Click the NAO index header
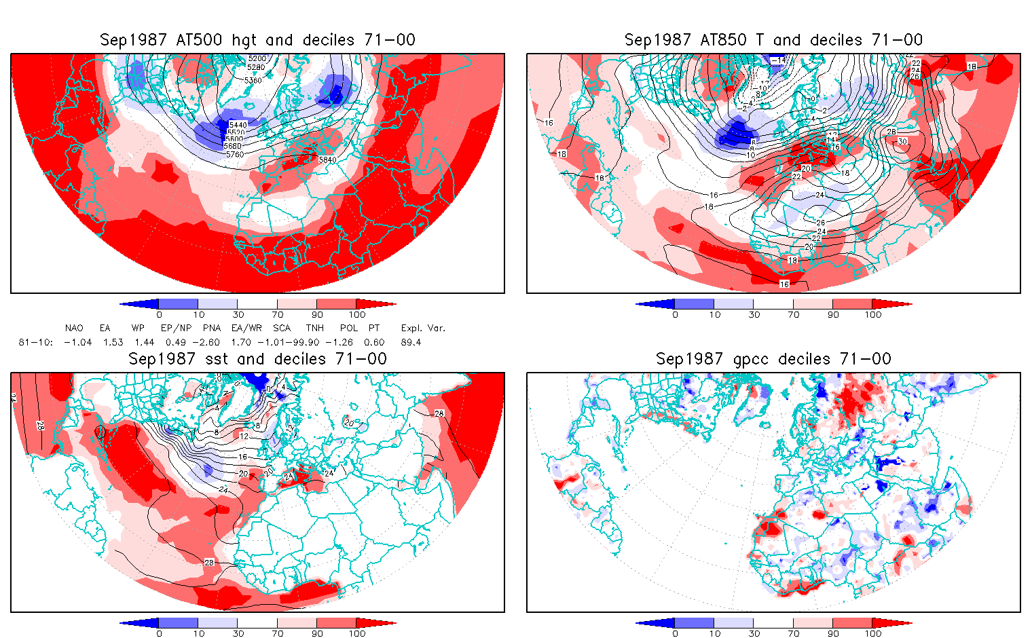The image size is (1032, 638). coord(74,328)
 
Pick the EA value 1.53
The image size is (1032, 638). coord(113,342)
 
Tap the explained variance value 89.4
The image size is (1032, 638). coord(411,342)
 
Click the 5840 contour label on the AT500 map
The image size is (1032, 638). coord(327,159)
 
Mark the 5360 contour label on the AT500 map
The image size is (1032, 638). coord(253,80)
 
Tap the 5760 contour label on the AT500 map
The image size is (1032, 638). coord(235,154)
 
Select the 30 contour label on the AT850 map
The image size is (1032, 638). coord(902,141)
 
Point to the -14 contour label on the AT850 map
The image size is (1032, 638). coord(778,60)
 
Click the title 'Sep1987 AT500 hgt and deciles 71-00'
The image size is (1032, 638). coord(257,40)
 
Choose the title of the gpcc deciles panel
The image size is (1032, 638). coord(773,359)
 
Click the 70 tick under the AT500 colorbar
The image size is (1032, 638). coord(277,314)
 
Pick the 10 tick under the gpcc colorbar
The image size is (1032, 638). coord(714,633)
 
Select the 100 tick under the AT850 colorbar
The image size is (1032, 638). coord(872,314)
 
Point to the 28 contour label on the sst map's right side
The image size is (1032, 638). coord(439,413)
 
